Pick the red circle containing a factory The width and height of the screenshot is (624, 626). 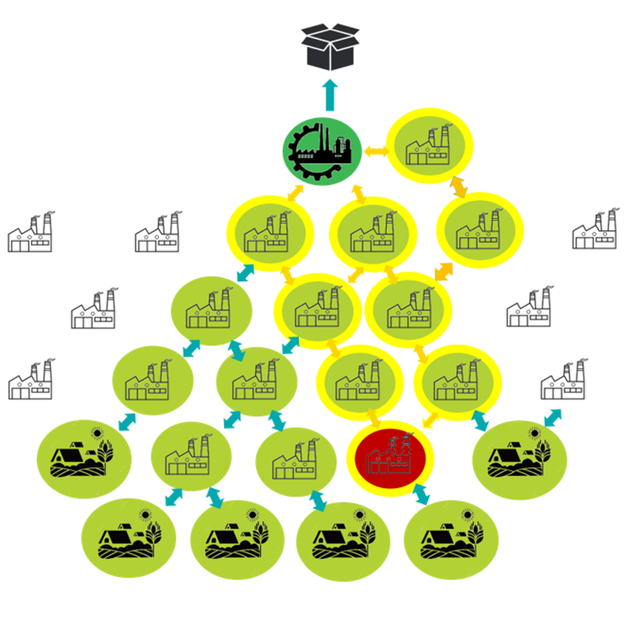pos(390,456)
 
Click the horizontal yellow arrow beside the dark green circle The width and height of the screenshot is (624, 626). pos(376,151)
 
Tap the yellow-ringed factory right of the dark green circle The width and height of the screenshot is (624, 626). pos(429,146)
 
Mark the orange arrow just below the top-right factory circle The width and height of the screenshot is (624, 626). pos(458,186)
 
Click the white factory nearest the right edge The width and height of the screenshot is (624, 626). pos(595,230)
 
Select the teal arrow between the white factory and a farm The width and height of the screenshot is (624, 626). pos(552,417)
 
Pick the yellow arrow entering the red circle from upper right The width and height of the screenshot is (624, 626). pos(431,420)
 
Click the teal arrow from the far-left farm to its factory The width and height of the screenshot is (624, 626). pos(127,421)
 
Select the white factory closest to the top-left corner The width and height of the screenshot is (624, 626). pos(31,233)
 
